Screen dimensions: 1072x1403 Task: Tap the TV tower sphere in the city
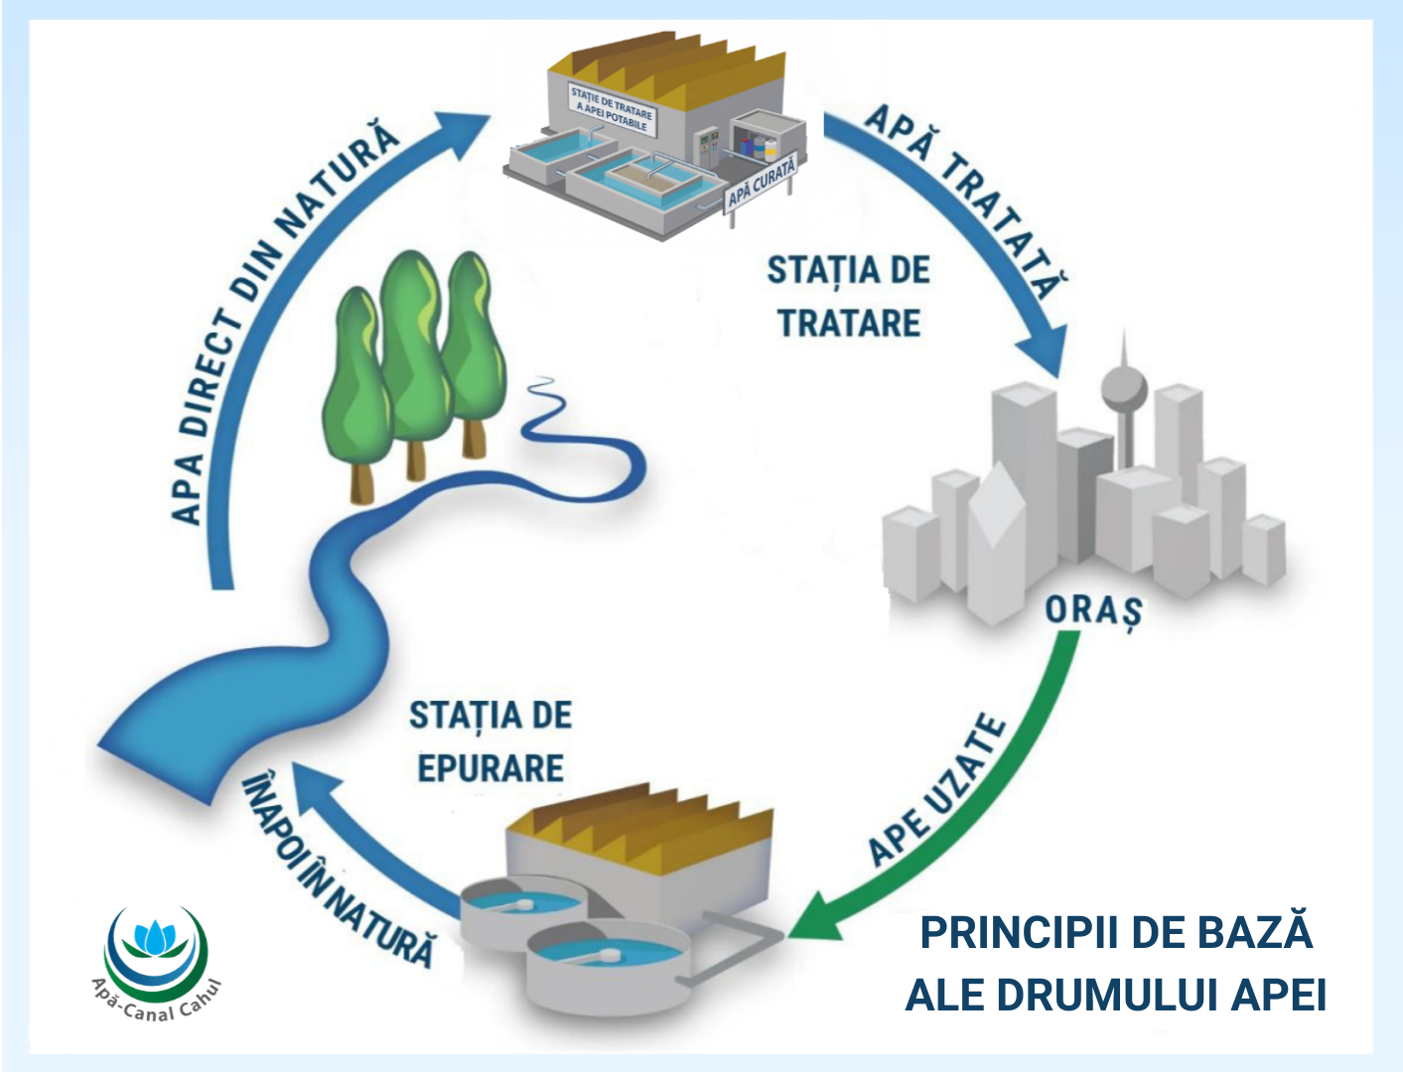1124,390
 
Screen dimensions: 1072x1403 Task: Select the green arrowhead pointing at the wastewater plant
814,919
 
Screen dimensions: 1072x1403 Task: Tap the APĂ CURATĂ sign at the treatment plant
762,182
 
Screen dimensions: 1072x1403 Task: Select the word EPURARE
491,768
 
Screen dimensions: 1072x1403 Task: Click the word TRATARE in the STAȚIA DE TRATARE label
849,324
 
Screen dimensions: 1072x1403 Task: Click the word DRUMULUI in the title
1108,996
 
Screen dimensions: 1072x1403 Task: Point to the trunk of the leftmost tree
362,480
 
